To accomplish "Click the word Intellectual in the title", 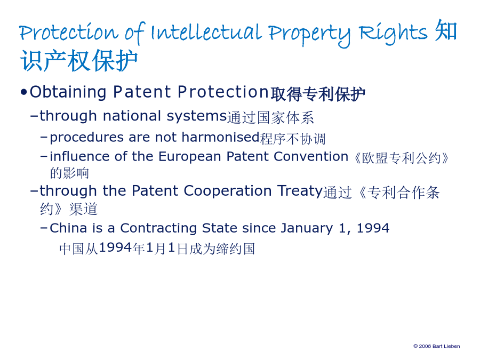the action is (x=206, y=32).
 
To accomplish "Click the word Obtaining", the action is (x=68, y=92).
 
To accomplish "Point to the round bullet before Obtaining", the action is (x=23, y=92).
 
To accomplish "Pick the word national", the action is (x=132, y=116).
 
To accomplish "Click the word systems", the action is (x=196, y=117).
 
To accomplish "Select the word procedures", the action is (x=86, y=138).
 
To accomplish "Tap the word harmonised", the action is (x=220, y=137).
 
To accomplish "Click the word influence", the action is (x=79, y=156).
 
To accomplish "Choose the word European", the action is (x=189, y=157).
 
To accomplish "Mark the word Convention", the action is (x=311, y=156).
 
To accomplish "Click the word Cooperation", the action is (x=227, y=190).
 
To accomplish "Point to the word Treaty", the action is (x=300, y=191).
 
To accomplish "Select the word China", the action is (x=68, y=228).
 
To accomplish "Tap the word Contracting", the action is (x=158, y=228).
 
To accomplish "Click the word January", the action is (x=307, y=229).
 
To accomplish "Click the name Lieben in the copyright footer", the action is (x=452, y=346).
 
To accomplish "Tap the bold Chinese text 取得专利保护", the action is (x=318, y=94).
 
